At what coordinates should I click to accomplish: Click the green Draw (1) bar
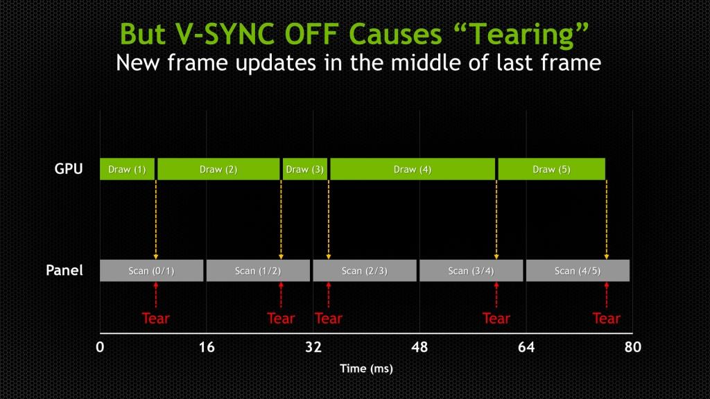click(x=127, y=169)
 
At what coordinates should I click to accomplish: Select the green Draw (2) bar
click(x=218, y=169)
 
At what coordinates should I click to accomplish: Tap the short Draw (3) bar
click(x=304, y=169)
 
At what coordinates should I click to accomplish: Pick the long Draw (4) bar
click(x=413, y=169)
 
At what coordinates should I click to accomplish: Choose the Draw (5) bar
click(x=551, y=169)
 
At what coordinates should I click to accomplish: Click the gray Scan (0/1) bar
click(x=151, y=271)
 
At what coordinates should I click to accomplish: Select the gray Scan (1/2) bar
click(x=258, y=271)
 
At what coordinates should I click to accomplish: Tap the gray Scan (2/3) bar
click(x=365, y=271)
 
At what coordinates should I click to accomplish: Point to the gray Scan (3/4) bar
click(x=471, y=271)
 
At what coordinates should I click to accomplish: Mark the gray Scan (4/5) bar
click(x=578, y=271)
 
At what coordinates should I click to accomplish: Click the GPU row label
click(x=69, y=169)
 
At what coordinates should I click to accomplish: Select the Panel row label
click(x=64, y=270)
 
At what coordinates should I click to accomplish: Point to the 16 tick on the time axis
click(x=207, y=347)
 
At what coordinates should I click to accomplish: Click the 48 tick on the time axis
click(x=419, y=347)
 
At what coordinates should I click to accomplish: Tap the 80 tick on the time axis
click(x=632, y=347)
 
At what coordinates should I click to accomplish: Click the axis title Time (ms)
click(x=366, y=369)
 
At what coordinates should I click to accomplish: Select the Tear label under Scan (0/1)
click(x=156, y=319)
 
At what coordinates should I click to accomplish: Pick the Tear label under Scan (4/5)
click(x=606, y=319)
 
